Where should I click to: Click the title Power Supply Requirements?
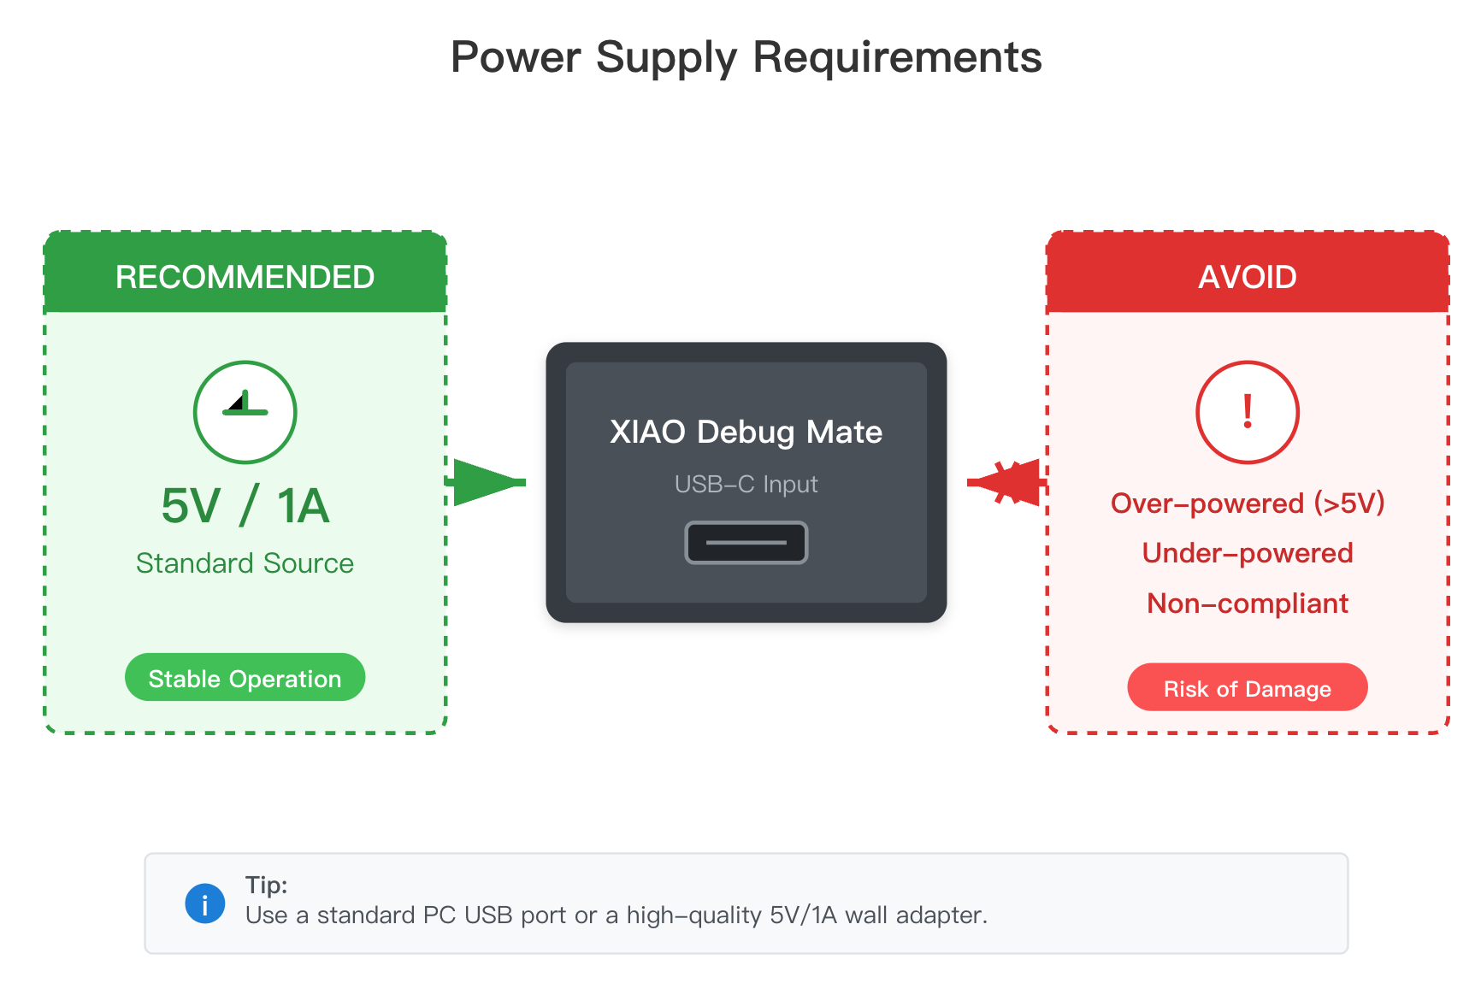[746, 58]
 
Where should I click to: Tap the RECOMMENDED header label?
[245, 277]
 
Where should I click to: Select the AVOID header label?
[1247, 277]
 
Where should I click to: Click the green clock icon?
[245, 412]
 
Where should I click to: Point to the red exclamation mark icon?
[1247, 412]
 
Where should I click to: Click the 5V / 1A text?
[245, 506]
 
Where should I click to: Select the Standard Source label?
[245, 563]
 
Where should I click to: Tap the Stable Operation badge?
[245, 678]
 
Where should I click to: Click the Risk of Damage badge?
[1247, 688]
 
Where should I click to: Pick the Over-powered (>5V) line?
[1247, 503]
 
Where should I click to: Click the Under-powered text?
[1247, 553]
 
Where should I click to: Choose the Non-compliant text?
[1247, 603]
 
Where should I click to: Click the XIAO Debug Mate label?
[746, 432]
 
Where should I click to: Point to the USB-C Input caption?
[746, 484]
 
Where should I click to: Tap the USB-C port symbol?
[746, 543]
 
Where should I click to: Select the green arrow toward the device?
[486, 482]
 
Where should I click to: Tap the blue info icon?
[205, 904]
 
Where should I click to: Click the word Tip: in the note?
[266, 885]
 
